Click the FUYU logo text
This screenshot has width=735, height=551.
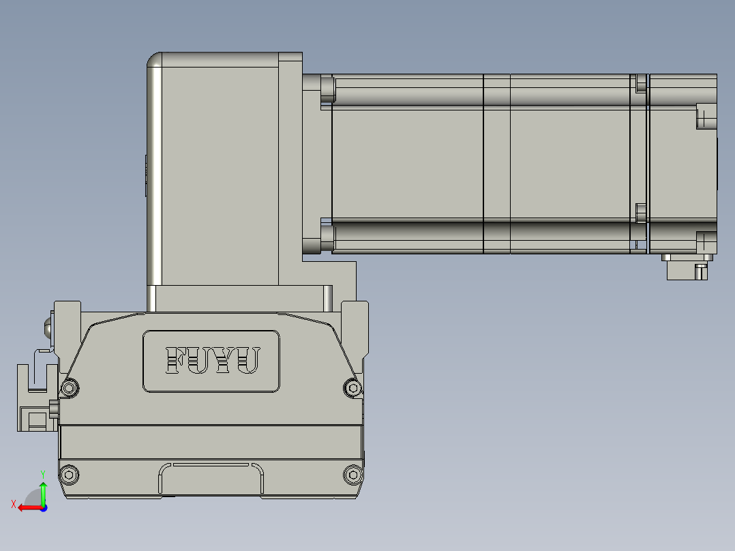point(212,360)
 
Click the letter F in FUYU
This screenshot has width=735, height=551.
point(176,360)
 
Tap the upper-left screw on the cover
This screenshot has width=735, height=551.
point(70,388)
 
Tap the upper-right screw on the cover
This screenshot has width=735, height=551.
point(352,388)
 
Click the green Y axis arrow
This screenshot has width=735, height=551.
point(43,489)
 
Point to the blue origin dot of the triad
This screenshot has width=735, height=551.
point(44,507)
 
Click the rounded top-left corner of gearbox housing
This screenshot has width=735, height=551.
point(155,61)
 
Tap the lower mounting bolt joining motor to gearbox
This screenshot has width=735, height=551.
point(327,239)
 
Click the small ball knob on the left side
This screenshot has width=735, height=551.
point(49,327)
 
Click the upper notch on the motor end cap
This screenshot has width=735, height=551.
point(706,116)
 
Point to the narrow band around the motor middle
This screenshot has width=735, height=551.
point(496,164)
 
